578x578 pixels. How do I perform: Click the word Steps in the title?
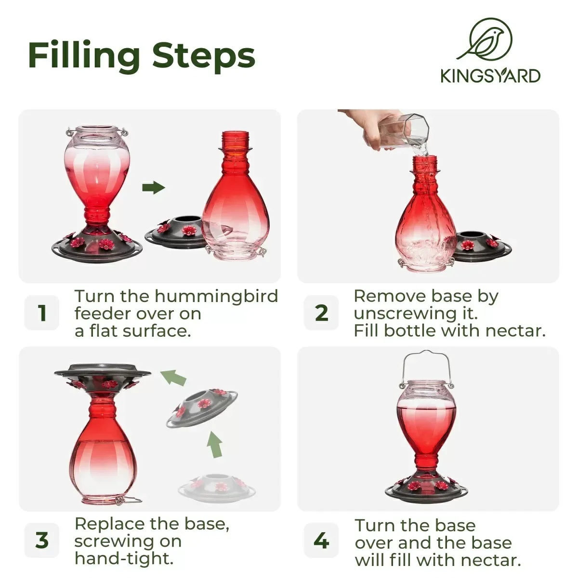coord(204,56)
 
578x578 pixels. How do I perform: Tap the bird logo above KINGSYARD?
coord(485,39)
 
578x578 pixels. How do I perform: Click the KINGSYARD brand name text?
coord(490,76)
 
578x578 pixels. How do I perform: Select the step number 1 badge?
coord(42,313)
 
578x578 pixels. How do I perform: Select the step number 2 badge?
coord(321,313)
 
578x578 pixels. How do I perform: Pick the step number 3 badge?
coord(42,540)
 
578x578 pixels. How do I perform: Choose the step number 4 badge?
coord(321,540)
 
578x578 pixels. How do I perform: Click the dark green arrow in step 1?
coord(154,187)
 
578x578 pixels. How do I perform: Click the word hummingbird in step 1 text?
coord(216,296)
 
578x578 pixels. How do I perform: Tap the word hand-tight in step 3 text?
coord(124,558)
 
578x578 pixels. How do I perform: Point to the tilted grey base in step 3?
coord(202,408)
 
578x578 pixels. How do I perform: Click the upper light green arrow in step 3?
coord(173,378)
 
